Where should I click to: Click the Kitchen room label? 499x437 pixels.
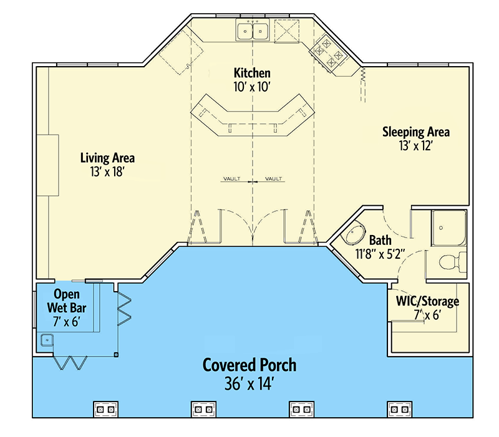click(252, 72)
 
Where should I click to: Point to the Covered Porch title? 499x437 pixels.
click(249, 365)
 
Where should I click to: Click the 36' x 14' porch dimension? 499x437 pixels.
click(249, 383)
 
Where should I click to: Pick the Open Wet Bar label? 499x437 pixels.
click(69, 300)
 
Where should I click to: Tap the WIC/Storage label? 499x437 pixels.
click(427, 302)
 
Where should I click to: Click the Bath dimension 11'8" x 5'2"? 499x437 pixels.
click(380, 254)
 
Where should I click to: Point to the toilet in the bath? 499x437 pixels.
click(450, 262)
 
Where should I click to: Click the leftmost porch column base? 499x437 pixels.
click(105, 409)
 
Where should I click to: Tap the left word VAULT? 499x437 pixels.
click(231, 179)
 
